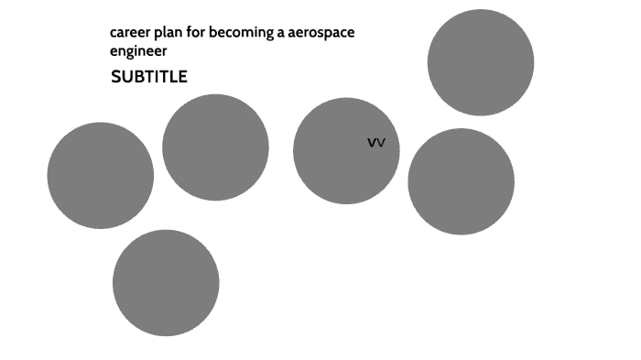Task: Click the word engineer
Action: click(138, 51)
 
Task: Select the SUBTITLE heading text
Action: click(149, 77)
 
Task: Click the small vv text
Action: click(375, 143)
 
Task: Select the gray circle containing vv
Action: click(346, 151)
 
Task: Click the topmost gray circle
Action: click(481, 62)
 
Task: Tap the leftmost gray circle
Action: click(101, 175)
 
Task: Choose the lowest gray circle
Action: click(166, 282)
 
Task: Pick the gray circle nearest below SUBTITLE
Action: click(215, 147)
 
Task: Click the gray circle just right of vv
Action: click(461, 181)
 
